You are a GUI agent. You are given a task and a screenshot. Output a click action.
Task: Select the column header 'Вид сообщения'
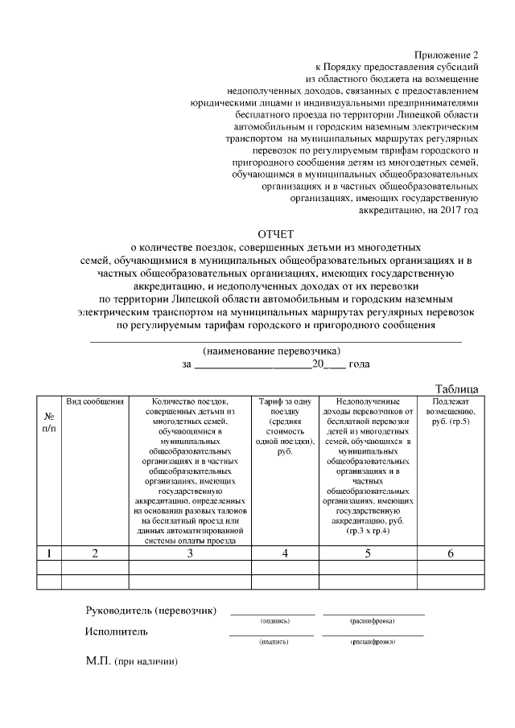[x=95, y=401]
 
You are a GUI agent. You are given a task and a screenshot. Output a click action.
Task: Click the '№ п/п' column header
[x=49, y=422]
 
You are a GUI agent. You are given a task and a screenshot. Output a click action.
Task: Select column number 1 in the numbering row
[x=49, y=553]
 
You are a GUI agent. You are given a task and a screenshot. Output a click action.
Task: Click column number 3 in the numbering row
[x=190, y=553]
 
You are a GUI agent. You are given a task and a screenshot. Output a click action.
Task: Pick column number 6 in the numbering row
[x=451, y=553]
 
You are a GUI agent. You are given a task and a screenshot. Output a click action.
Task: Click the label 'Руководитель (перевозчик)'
[x=151, y=611]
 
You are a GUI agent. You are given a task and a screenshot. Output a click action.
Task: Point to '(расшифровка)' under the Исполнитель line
[x=372, y=643]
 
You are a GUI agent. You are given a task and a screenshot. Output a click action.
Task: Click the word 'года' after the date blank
[x=359, y=364]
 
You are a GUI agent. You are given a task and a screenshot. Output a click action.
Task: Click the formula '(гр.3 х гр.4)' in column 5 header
[x=368, y=532]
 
